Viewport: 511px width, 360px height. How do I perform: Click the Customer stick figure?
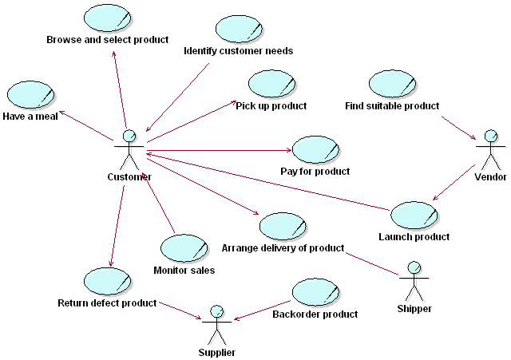[129, 148]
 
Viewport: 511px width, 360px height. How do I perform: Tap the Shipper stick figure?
[414, 279]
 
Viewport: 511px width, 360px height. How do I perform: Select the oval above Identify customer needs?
[240, 30]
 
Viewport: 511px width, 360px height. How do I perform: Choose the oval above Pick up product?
[271, 84]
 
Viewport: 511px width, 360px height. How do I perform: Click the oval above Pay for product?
[315, 149]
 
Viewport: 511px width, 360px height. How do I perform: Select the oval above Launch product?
[414, 214]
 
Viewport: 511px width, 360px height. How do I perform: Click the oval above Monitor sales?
[184, 248]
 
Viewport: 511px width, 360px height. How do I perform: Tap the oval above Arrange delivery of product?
[283, 227]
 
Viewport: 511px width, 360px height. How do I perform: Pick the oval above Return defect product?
[107, 281]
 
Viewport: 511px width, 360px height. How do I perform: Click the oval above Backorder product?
[315, 292]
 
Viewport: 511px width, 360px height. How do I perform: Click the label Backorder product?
[315, 314]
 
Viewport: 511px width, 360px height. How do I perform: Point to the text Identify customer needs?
[238, 51]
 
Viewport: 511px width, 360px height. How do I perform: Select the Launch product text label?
[414, 236]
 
